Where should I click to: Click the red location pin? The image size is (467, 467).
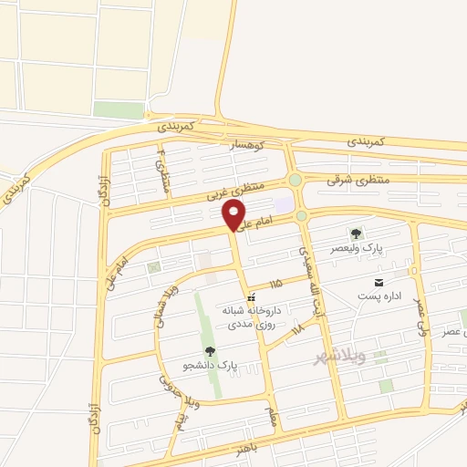234,216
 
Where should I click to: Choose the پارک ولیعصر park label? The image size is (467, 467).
357,248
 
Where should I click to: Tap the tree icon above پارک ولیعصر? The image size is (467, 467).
357,234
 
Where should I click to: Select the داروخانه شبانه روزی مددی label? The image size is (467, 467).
253,317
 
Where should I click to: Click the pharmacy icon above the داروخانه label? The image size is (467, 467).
253,296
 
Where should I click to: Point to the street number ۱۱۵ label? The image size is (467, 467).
275,285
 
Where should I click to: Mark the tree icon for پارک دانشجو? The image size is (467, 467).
211,351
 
